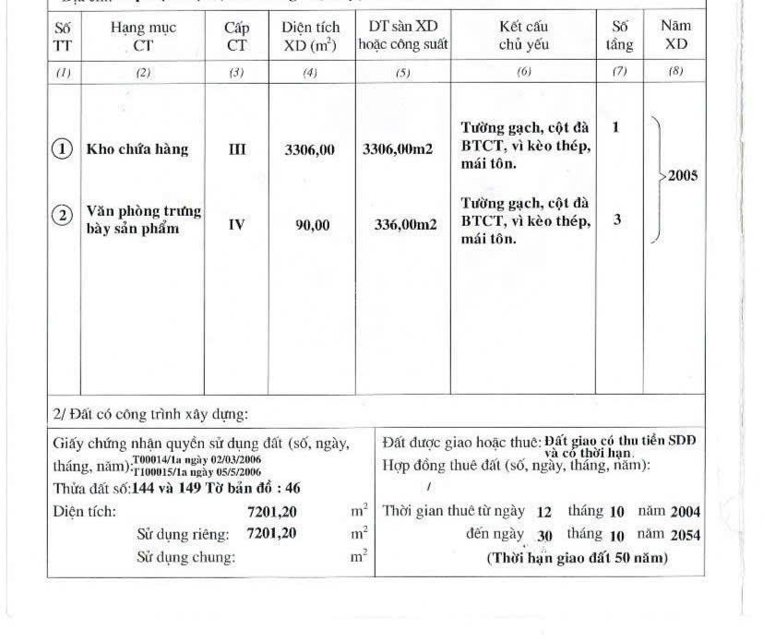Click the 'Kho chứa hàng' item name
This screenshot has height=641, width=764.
[x=137, y=149]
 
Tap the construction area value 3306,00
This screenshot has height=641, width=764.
[x=310, y=149]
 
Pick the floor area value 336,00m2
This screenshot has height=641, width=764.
[x=406, y=223]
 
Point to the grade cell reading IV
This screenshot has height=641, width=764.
[x=236, y=223]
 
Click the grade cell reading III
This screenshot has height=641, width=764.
[x=236, y=149]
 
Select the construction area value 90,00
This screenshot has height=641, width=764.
[x=312, y=223]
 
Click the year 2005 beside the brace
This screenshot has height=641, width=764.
[x=682, y=176]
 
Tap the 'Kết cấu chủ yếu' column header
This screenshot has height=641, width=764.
[x=523, y=36]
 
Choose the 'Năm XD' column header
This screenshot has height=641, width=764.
[x=675, y=36]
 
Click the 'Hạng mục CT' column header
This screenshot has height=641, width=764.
[x=143, y=36]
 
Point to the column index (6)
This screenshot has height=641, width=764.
[x=523, y=73]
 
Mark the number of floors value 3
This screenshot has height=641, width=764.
[x=616, y=220]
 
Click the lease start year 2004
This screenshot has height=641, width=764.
[x=686, y=511]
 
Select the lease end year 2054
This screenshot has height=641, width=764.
[x=686, y=535]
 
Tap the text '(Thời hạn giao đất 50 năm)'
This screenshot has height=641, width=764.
[x=577, y=558]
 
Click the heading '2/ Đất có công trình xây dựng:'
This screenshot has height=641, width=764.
[x=149, y=413]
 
